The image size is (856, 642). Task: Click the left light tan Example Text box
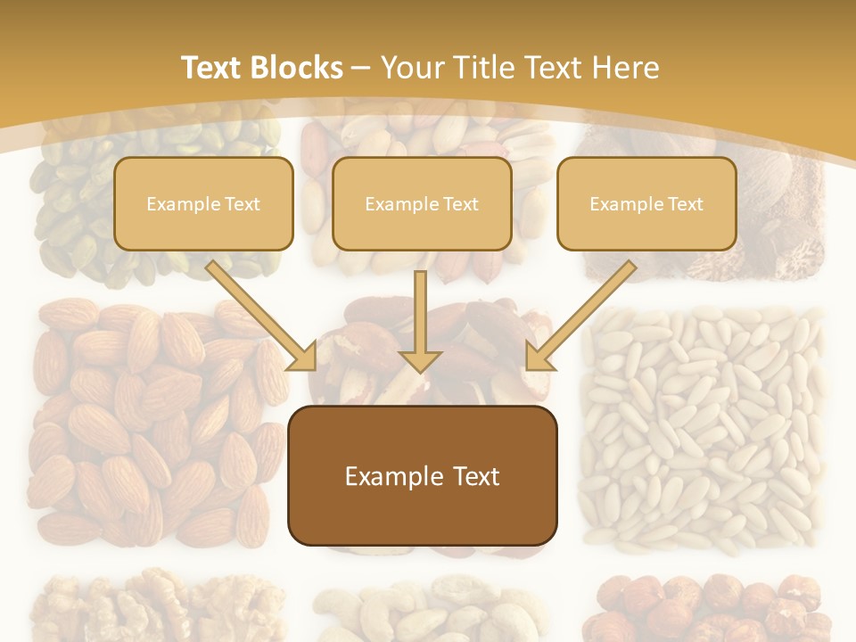point(203,203)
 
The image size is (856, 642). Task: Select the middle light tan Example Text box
point(422,203)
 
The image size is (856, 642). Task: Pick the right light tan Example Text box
point(646,203)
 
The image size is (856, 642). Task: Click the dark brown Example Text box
point(422,476)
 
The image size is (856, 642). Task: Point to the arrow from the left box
point(261,316)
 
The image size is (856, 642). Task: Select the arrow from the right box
point(581,316)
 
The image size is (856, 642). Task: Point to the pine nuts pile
point(704,428)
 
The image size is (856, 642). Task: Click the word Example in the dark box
point(383,476)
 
